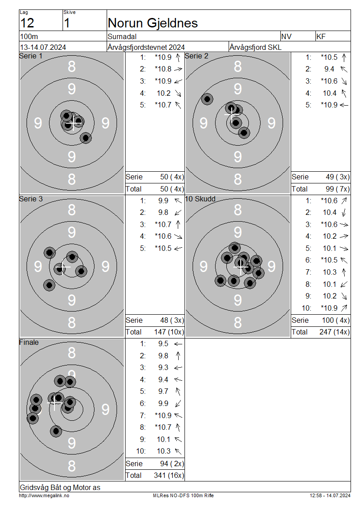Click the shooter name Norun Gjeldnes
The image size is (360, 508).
153,23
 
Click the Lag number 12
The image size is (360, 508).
27,23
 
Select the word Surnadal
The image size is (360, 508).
122,36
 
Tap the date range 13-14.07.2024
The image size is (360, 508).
43,47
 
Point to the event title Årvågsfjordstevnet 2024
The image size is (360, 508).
146,47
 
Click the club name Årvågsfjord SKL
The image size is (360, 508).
255,47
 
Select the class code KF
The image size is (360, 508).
321,36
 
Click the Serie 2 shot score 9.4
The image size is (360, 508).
329,69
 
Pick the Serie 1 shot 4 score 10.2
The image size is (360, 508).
163,94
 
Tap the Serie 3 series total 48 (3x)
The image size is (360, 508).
172,321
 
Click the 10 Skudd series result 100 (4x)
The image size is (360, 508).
336,321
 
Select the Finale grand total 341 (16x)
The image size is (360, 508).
169,475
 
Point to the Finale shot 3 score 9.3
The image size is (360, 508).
163,368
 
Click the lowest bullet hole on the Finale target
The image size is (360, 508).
56,431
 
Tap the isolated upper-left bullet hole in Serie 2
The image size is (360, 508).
207,99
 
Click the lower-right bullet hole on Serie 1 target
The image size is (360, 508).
85,138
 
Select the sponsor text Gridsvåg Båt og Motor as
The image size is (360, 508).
60,487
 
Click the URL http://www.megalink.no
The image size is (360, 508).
44,495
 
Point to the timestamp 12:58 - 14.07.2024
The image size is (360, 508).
330,495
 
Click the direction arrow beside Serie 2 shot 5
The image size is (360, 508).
344,105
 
